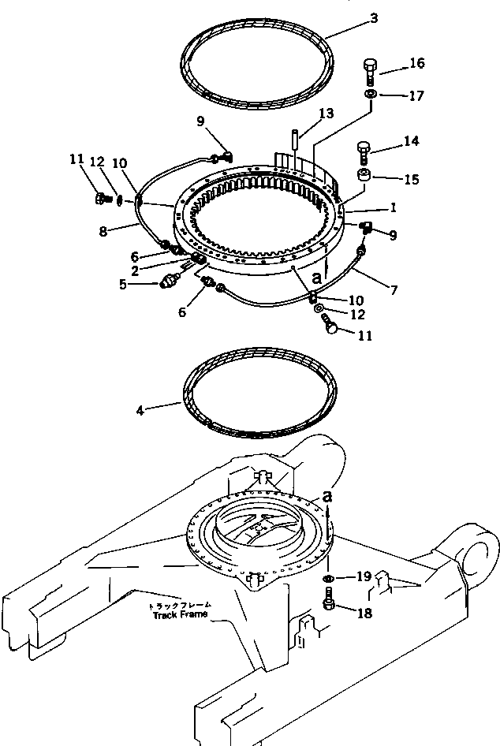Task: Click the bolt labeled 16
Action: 370,71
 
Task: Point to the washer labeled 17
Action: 369,95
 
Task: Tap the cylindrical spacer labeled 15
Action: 364,176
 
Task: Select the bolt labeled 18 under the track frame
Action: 329,607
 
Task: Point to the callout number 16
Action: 416,62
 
